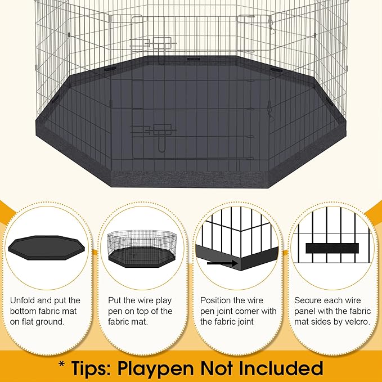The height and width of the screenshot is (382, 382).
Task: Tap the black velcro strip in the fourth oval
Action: pyautogui.click(x=332, y=248)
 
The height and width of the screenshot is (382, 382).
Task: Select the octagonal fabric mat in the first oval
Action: pyautogui.click(x=48, y=248)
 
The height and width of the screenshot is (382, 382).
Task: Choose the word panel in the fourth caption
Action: pyautogui.click(x=307, y=311)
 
